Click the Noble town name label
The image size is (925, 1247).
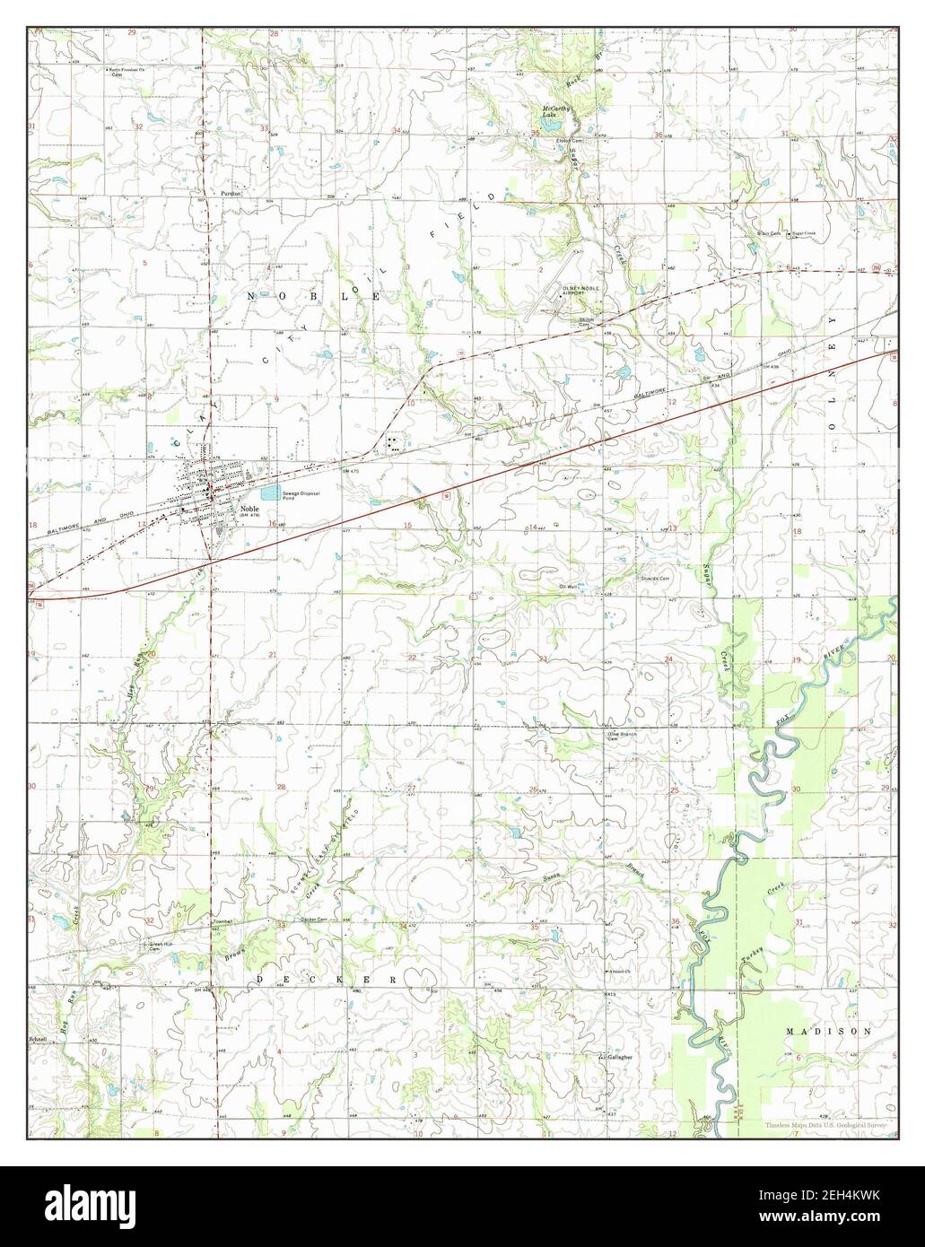tap(249, 507)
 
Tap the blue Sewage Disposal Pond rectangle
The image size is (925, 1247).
tap(270, 493)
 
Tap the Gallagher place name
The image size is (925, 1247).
tap(620, 1057)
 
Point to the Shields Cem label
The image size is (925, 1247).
tap(654, 579)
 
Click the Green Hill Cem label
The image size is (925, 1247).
tap(160, 946)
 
